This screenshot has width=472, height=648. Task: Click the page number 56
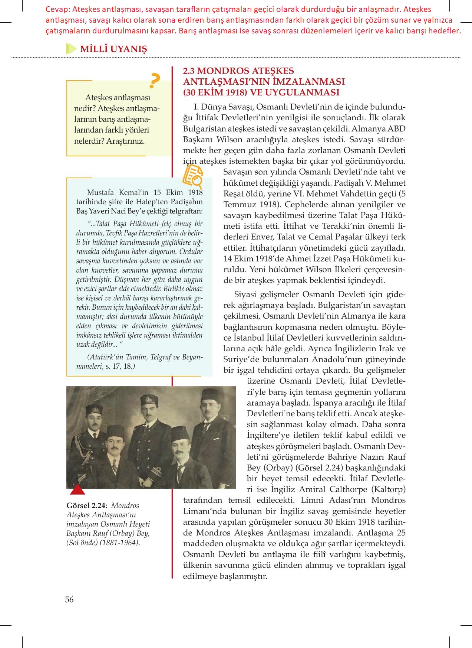click(x=69, y=599)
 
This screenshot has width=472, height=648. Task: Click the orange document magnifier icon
click(x=193, y=176)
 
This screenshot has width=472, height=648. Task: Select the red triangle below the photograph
click(x=78, y=491)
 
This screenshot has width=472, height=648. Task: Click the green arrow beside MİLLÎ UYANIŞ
click(x=70, y=49)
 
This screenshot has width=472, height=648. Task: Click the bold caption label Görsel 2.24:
click(x=87, y=505)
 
